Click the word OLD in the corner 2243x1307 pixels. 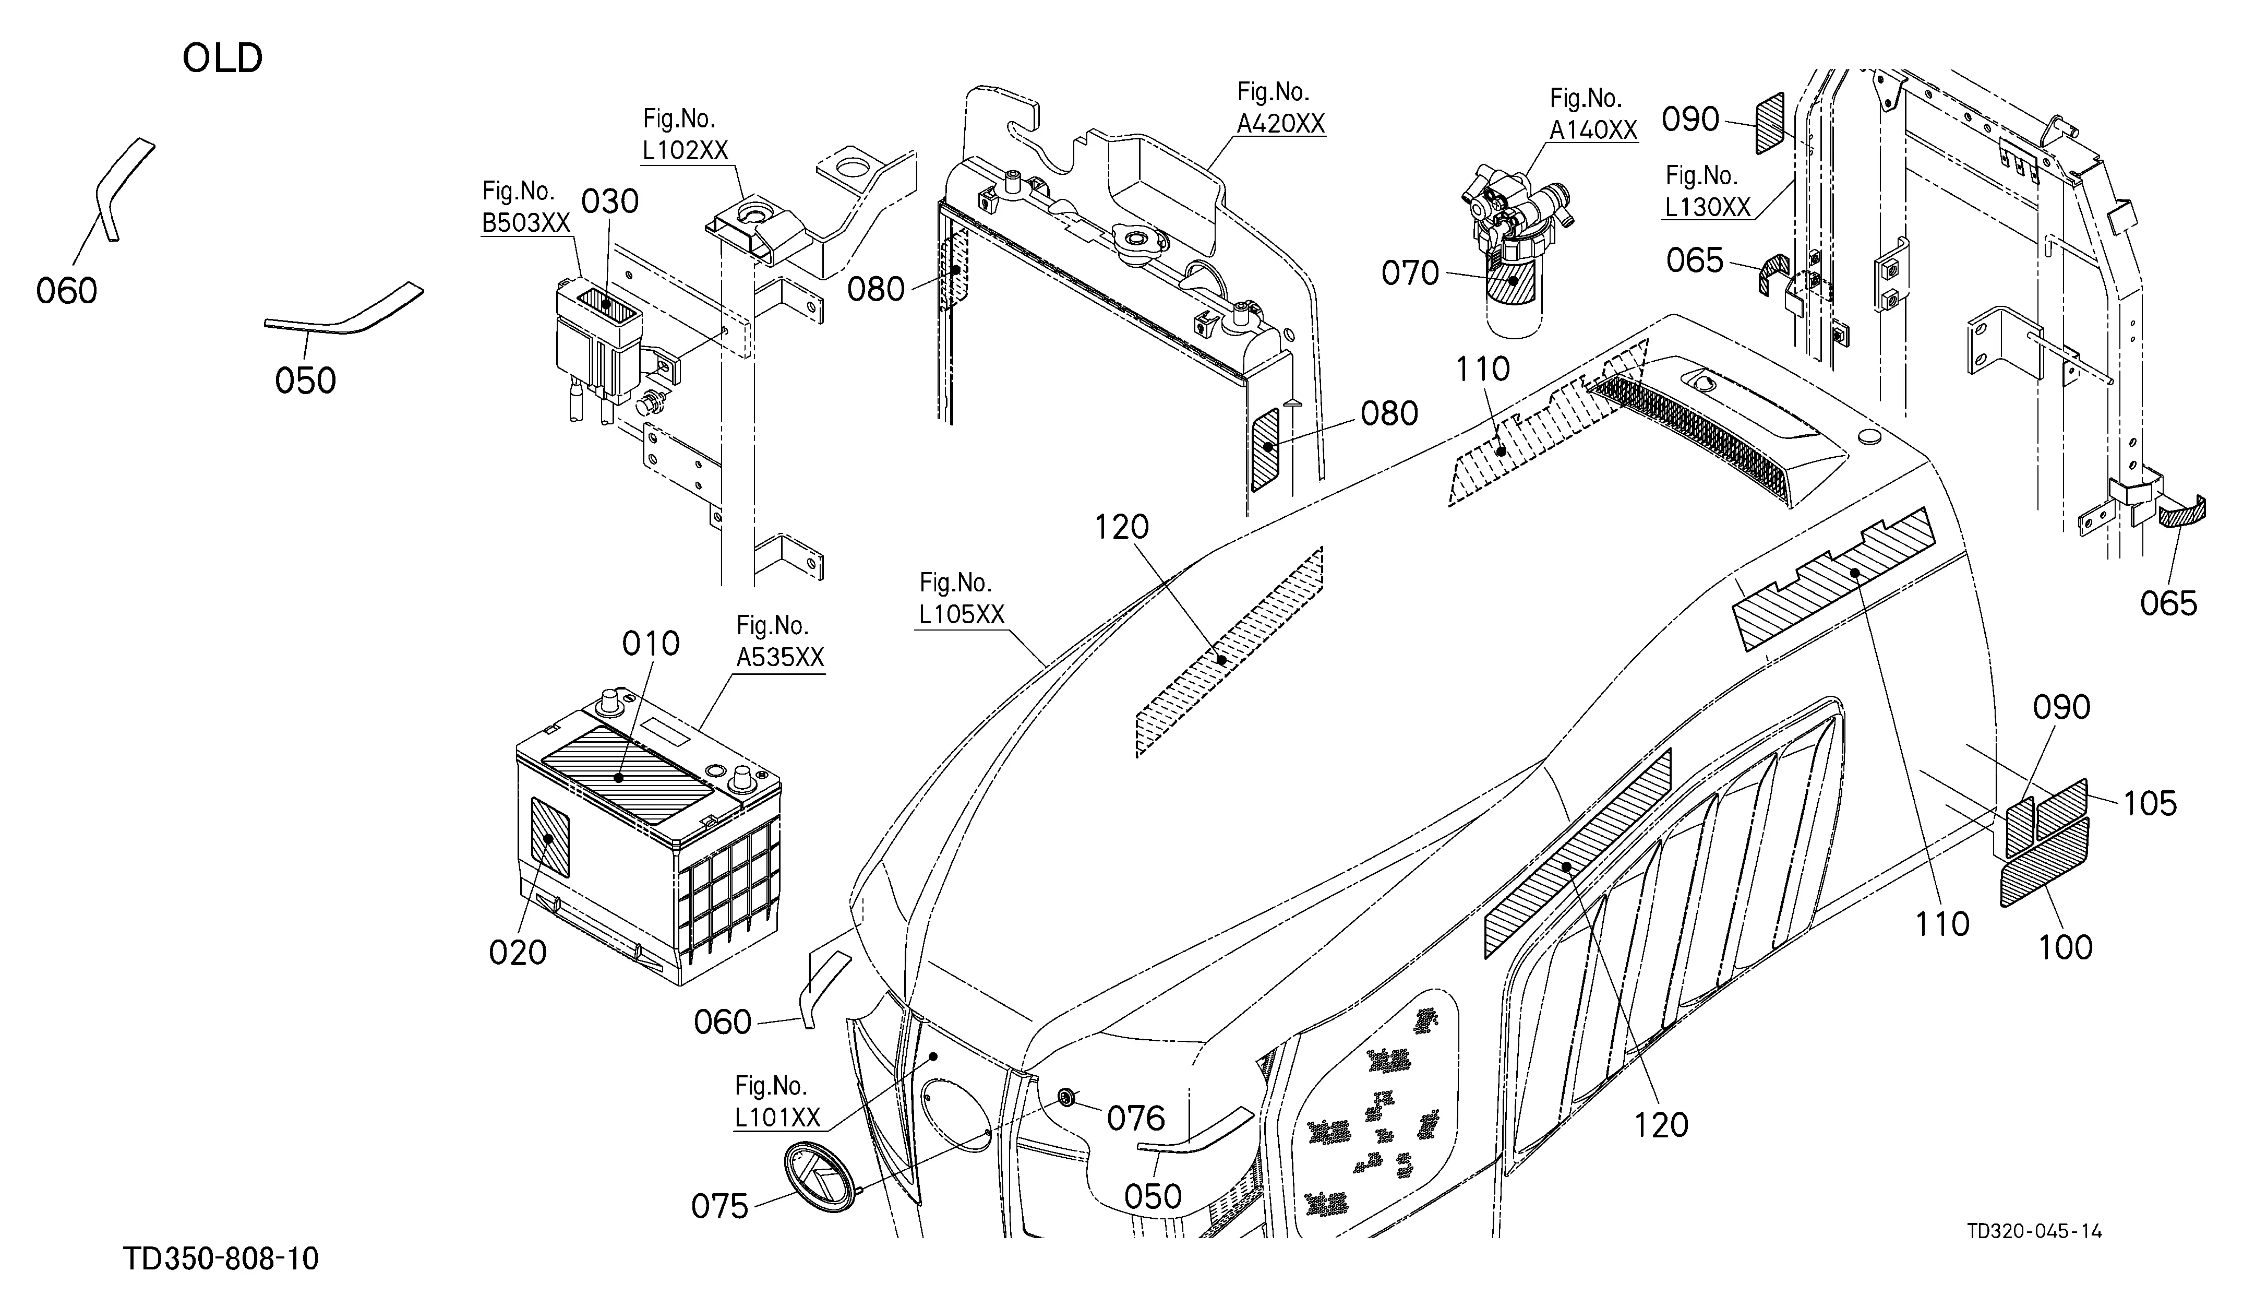[222, 59]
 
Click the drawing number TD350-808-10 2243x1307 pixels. [221, 1259]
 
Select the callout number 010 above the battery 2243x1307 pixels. [651, 643]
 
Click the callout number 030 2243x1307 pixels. [610, 202]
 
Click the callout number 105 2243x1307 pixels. [2151, 803]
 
